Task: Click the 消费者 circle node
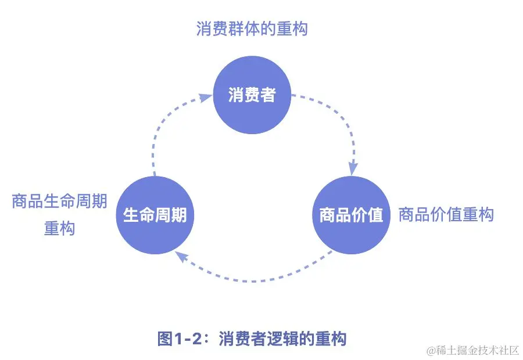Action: [252, 95]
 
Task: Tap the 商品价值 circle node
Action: [351, 215]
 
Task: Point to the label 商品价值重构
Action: [446, 215]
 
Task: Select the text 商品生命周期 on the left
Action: [60, 202]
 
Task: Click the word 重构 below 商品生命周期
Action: [60, 229]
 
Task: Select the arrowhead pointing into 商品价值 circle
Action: [353, 168]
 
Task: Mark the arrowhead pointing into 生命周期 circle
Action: [181, 256]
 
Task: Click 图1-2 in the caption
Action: [180, 339]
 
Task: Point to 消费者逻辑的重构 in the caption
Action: [283, 339]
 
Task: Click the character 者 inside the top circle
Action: [268, 95]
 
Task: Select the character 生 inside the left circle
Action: [131, 215]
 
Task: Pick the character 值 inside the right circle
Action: [375, 215]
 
